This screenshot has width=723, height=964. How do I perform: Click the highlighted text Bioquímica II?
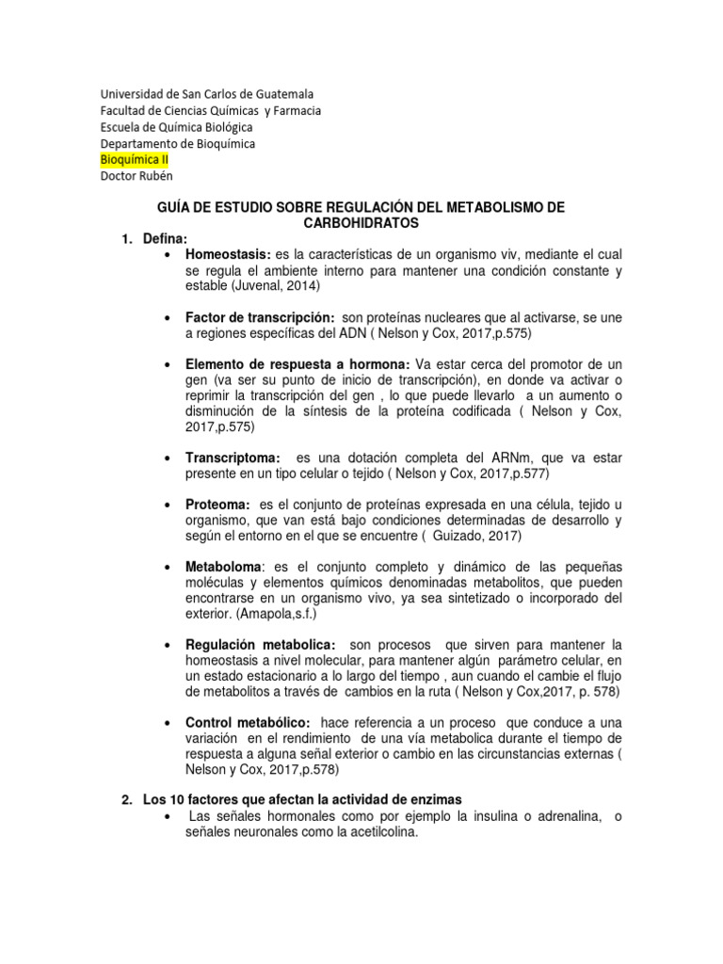(x=134, y=160)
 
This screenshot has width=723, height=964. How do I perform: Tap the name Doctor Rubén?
(x=137, y=177)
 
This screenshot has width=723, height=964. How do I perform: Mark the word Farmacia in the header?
(x=291, y=110)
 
